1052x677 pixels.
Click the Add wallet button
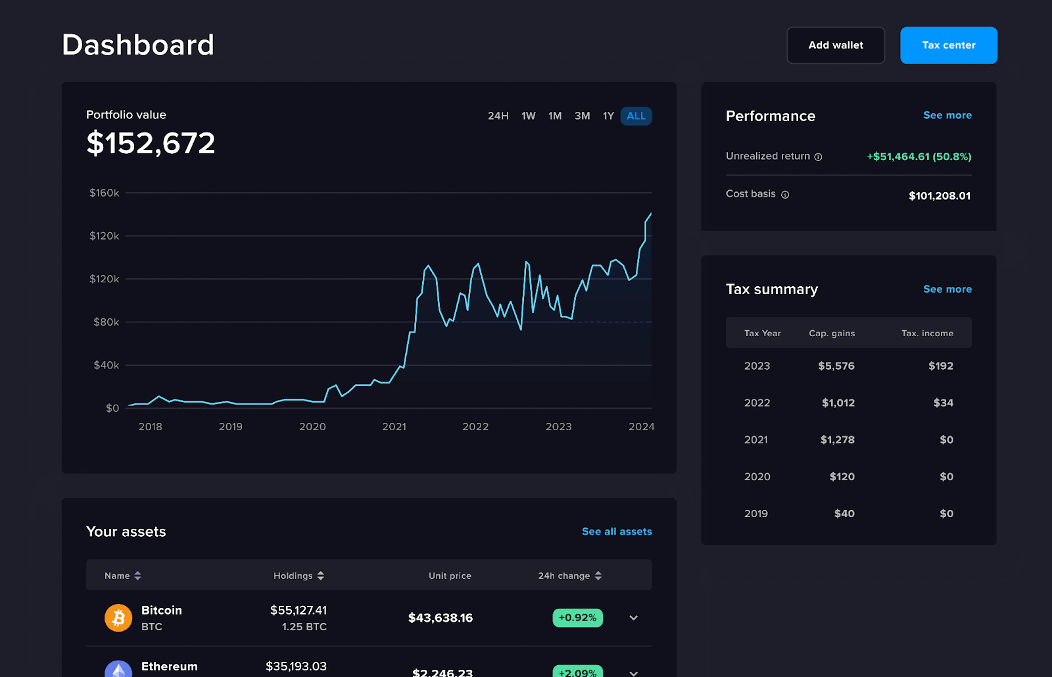coord(836,45)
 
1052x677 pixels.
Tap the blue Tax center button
coord(948,45)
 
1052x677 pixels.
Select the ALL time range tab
coord(636,116)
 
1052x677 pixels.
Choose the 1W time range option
coord(529,116)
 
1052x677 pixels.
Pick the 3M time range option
coord(582,116)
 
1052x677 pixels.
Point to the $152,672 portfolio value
coord(151,143)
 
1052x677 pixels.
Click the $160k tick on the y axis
coord(105,193)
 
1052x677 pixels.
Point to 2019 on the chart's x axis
coord(231,427)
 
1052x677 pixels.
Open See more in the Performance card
coord(947,115)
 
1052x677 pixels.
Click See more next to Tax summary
coord(947,289)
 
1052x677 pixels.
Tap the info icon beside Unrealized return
coord(818,157)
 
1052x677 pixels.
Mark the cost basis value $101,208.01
coord(939,196)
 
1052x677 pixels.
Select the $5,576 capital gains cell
coord(836,366)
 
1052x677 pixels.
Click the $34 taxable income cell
coord(943,403)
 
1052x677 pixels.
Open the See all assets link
coord(617,532)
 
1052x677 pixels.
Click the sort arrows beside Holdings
coord(321,576)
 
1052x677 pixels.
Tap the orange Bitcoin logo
coord(118,618)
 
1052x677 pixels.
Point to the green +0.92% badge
coord(577,618)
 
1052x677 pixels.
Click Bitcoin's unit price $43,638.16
coord(441,618)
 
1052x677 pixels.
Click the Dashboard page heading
coord(138,45)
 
